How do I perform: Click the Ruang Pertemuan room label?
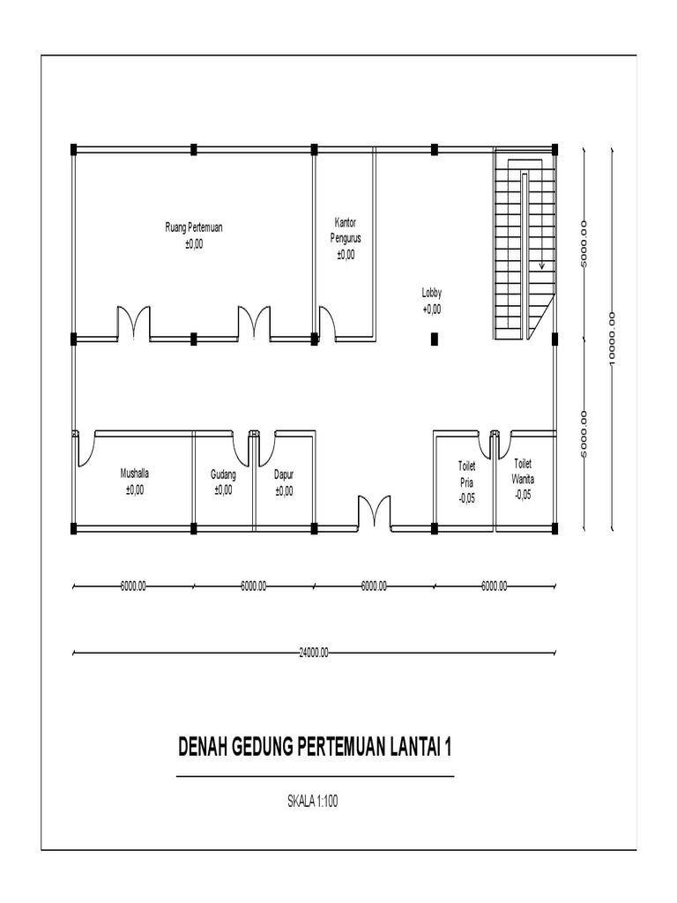coord(194,228)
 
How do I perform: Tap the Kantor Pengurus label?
coord(346,230)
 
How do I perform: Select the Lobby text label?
coord(432,293)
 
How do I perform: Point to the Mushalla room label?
coord(135,474)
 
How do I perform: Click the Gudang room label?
coord(223,475)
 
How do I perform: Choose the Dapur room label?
coord(283,475)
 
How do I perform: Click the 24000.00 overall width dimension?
coord(314,653)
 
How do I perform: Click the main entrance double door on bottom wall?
coord(374,513)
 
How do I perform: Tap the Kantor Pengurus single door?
coord(327,322)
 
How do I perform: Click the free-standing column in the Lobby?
coord(435,338)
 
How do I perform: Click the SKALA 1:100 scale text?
coord(313,802)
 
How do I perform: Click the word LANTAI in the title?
coord(413,748)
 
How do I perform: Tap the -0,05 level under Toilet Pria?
coord(466,498)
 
